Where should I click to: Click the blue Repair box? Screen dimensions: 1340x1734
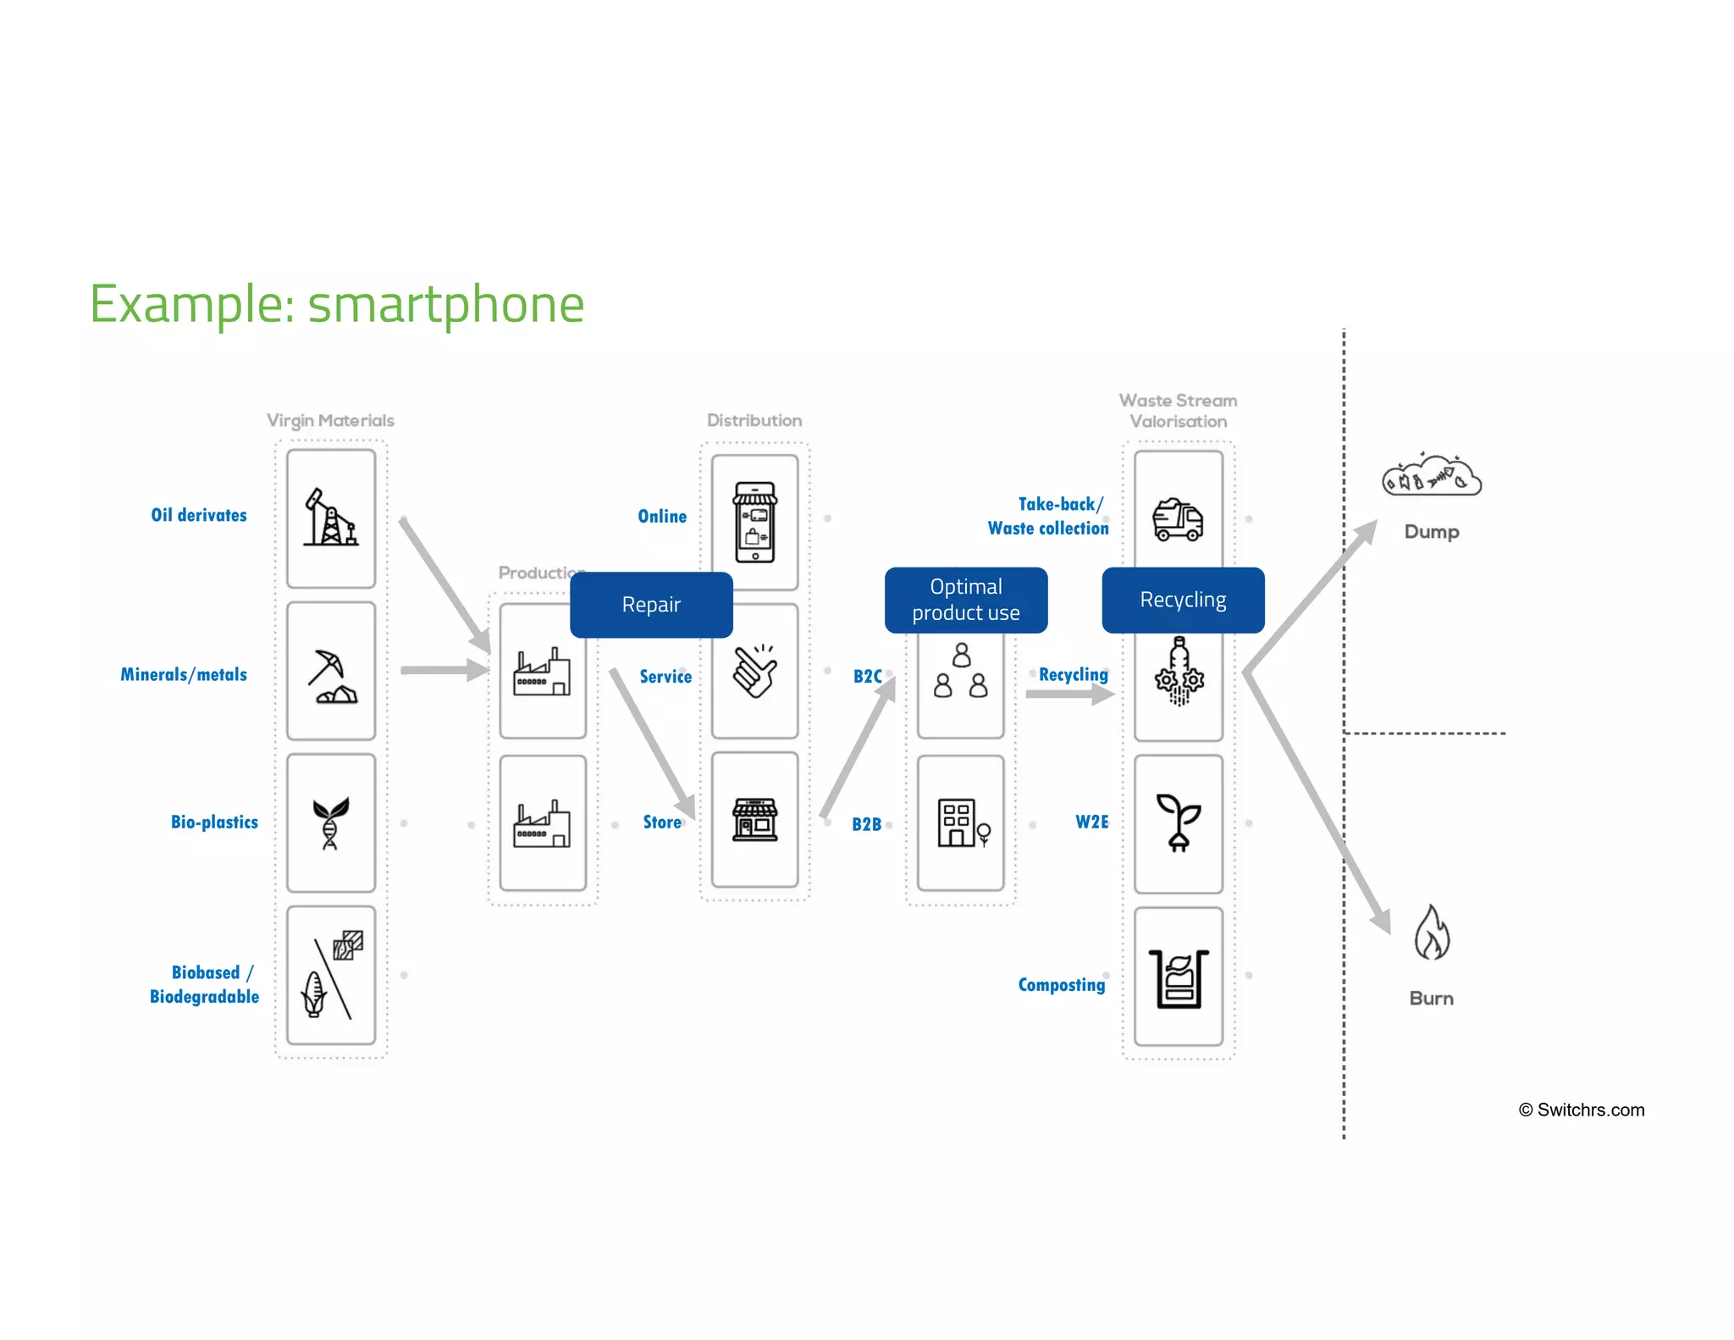pos(651,605)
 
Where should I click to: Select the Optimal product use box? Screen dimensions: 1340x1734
pos(966,600)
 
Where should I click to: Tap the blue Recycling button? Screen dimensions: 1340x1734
pos(1183,600)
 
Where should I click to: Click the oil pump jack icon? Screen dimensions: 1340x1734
pos(330,518)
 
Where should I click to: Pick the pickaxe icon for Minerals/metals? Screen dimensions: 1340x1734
pos(331,676)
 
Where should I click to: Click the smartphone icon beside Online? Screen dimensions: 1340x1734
pos(754,522)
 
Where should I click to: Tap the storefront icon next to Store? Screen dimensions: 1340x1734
pos(754,819)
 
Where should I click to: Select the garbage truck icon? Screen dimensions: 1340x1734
pos(1178,518)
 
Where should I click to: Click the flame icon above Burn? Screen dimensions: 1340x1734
pos(1432,933)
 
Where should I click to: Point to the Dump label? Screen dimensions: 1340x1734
pos(1432,532)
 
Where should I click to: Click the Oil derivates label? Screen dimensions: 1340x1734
pos(199,515)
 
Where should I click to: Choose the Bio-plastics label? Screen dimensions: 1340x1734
pos(214,822)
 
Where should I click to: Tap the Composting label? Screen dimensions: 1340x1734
pos(1062,984)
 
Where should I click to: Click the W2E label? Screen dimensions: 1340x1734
pos(1091,822)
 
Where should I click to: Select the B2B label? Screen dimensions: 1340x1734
pos(866,824)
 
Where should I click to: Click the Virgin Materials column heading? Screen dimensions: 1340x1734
pos(330,420)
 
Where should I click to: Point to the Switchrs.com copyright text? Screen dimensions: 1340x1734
pos(1582,1110)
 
